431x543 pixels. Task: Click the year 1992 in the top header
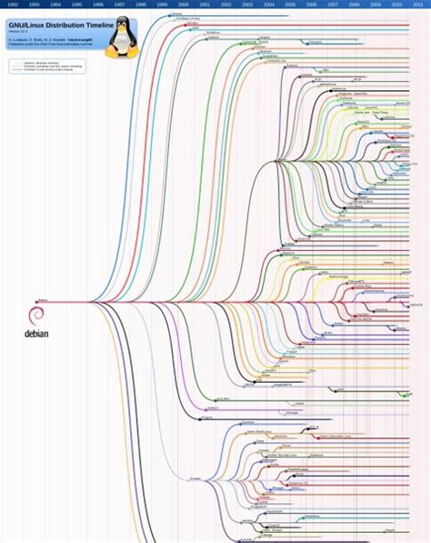click(12, 5)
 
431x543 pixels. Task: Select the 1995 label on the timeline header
click(76, 5)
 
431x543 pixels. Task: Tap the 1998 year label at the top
click(141, 5)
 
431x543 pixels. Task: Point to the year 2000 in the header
click(184, 5)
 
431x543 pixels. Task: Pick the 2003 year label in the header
click(248, 5)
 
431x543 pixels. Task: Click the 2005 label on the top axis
click(291, 5)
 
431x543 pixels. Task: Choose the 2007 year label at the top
click(334, 5)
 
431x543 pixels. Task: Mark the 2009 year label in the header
click(376, 5)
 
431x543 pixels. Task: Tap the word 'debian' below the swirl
click(36, 333)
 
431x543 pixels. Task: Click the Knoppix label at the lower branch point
click(195, 479)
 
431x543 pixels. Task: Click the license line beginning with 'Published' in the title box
click(45, 45)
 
